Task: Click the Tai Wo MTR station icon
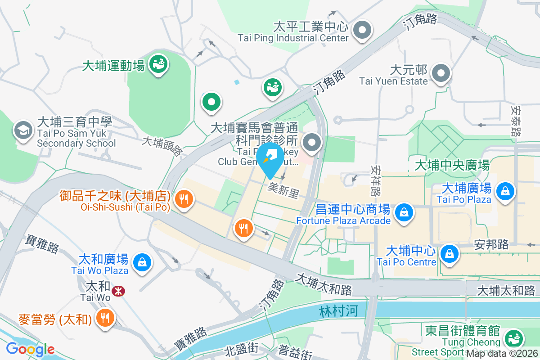click(x=118, y=291)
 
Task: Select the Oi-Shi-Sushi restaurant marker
click(x=183, y=198)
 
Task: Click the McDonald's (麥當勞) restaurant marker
click(x=105, y=318)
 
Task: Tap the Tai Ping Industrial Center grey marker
click(x=362, y=31)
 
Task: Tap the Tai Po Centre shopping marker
click(x=449, y=253)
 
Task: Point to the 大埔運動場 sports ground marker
click(x=158, y=63)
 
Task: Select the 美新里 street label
click(x=283, y=191)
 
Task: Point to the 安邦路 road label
click(x=491, y=244)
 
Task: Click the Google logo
click(x=30, y=349)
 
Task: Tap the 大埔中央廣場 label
click(x=451, y=165)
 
